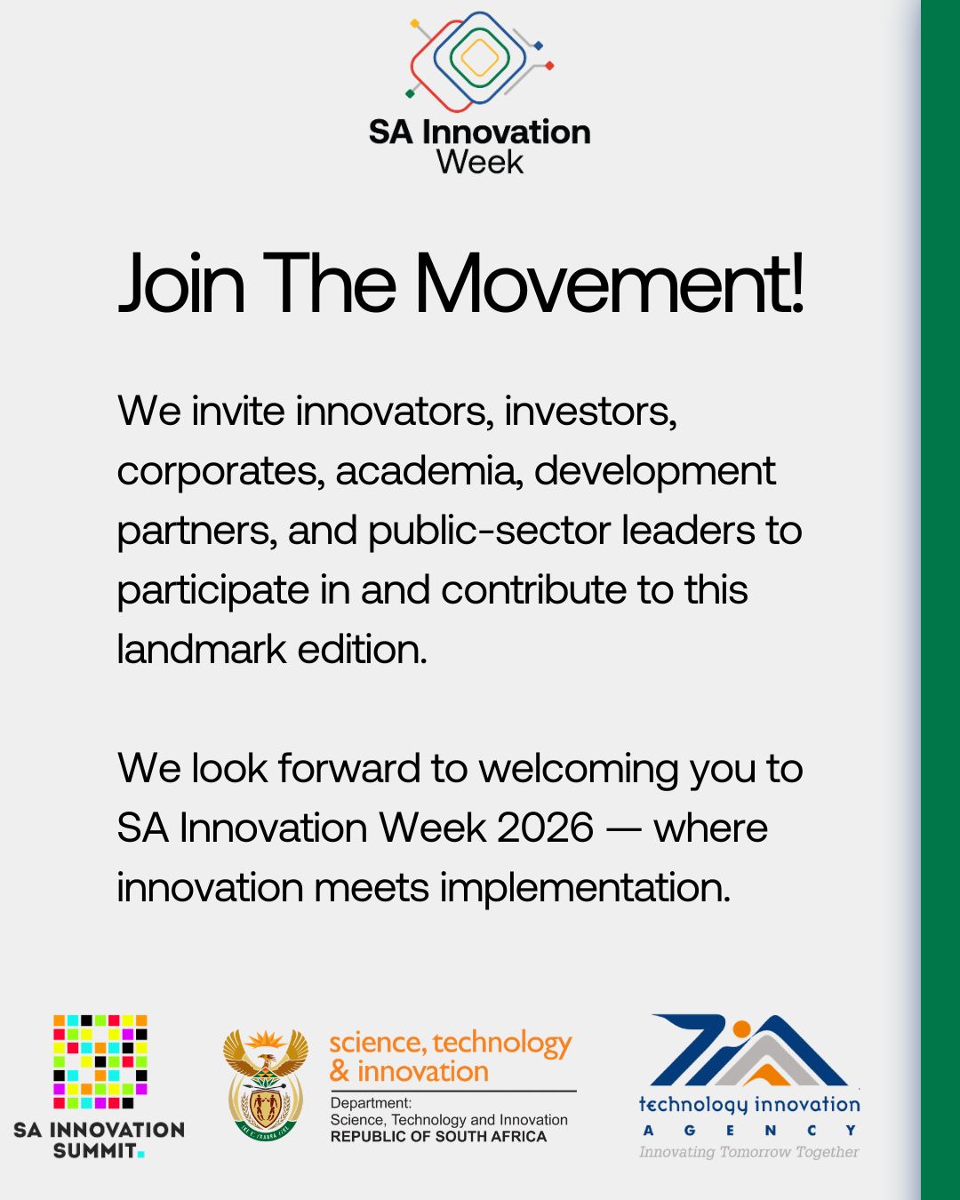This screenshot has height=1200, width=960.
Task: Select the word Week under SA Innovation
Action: click(480, 163)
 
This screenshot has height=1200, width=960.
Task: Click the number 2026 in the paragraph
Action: click(545, 828)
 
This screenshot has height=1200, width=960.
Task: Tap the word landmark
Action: click(202, 650)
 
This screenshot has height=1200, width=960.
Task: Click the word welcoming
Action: click(579, 771)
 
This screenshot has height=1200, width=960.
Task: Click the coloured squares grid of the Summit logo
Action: click(100, 1061)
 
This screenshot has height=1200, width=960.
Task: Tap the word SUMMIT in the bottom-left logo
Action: click(95, 1150)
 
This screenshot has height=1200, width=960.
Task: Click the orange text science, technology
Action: click(451, 1043)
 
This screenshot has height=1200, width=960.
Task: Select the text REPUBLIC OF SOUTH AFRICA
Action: click(438, 1136)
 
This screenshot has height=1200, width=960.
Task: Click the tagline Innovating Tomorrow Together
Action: click(749, 1152)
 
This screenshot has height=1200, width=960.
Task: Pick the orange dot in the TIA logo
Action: click(741, 1028)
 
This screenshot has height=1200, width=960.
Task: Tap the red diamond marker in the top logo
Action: click(549, 66)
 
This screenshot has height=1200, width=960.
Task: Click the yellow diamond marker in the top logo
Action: click(414, 23)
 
